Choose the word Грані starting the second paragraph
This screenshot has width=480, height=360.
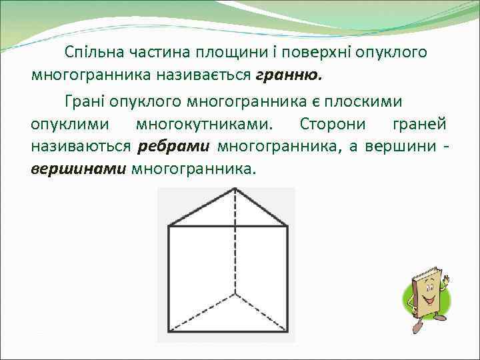click(85, 101)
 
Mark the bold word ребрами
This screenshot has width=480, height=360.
click(175, 147)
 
